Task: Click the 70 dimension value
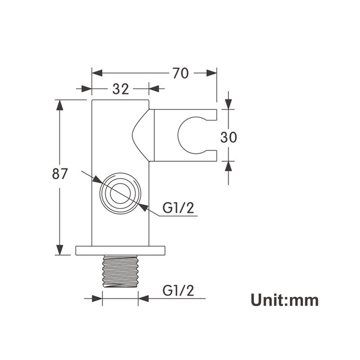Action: coord(180,73)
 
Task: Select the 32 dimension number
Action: coord(121,89)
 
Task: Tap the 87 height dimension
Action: coord(60,174)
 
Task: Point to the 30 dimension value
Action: coord(229,138)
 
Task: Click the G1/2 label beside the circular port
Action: coord(178,208)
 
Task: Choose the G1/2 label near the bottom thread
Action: coord(178,290)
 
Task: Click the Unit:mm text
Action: coord(284,300)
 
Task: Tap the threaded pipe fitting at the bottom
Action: coord(120,271)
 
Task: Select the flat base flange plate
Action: coord(120,251)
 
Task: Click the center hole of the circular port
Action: coord(120,193)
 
